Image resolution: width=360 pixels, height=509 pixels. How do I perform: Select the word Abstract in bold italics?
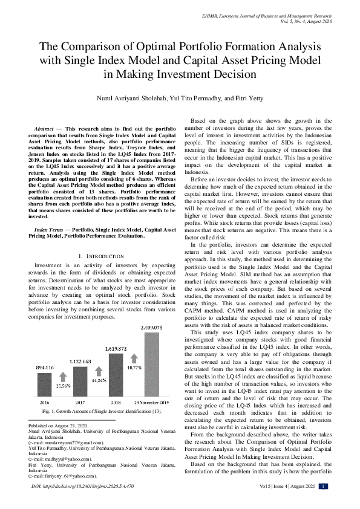click(44, 129)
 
